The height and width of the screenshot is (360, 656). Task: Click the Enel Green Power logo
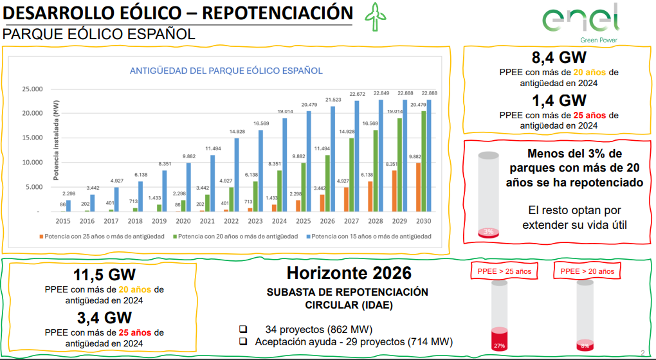[x=581, y=22]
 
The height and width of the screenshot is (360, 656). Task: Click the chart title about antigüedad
[x=226, y=71]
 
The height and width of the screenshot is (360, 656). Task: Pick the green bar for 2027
[x=352, y=174]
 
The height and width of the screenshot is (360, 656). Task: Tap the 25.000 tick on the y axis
[x=32, y=89]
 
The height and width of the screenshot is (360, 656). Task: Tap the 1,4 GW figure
[x=559, y=101]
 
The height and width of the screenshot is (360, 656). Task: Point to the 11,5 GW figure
[x=104, y=274]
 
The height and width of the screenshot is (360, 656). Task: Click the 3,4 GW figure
[x=104, y=318]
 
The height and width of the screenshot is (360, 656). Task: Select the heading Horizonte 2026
[x=349, y=273]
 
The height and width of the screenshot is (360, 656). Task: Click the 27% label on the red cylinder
[x=499, y=346]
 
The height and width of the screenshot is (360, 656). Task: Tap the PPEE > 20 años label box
[x=587, y=271]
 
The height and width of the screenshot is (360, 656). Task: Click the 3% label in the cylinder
[x=489, y=231]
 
